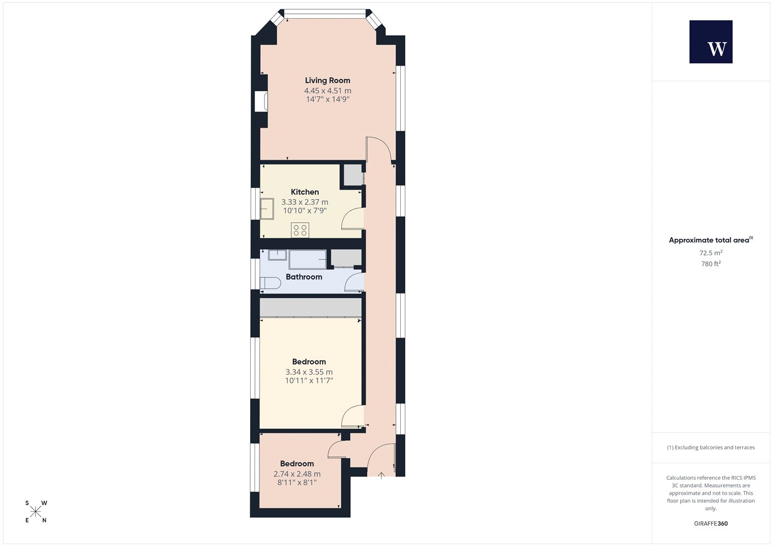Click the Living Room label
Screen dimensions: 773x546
click(x=327, y=81)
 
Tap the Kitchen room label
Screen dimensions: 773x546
click(x=305, y=192)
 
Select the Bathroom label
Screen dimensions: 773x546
click(x=304, y=277)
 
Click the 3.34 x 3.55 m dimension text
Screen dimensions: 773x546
click(x=309, y=372)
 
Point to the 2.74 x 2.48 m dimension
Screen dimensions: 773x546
click(x=297, y=474)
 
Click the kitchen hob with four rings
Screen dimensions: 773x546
click(x=300, y=231)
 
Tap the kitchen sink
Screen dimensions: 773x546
click(x=267, y=208)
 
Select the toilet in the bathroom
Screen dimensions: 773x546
click(x=270, y=283)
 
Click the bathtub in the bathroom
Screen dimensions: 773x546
click(x=308, y=259)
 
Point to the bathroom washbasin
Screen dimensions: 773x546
click(x=277, y=255)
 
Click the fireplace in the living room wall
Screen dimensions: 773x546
click(x=261, y=101)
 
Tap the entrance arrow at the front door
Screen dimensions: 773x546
click(x=381, y=475)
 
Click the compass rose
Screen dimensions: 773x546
click(x=35, y=512)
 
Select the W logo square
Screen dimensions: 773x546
click(x=711, y=42)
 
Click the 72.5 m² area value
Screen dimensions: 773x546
click(x=711, y=253)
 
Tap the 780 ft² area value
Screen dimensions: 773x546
click(x=711, y=264)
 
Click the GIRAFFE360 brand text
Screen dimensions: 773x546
click(x=711, y=523)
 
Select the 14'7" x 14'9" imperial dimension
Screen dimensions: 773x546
click(x=327, y=100)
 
